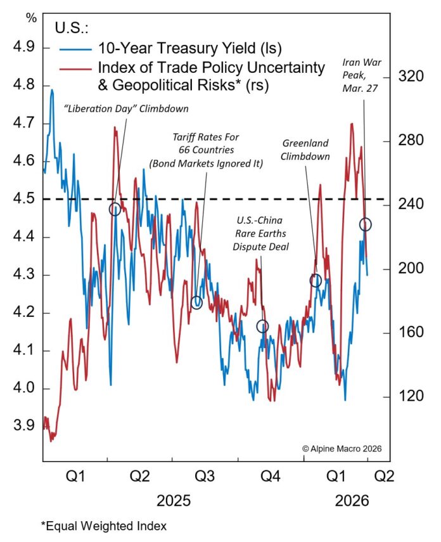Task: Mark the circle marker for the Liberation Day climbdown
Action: click(115, 209)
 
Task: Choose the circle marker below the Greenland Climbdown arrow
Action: click(316, 280)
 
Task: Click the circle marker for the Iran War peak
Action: click(365, 224)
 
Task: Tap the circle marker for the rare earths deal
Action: click(262, 326)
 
